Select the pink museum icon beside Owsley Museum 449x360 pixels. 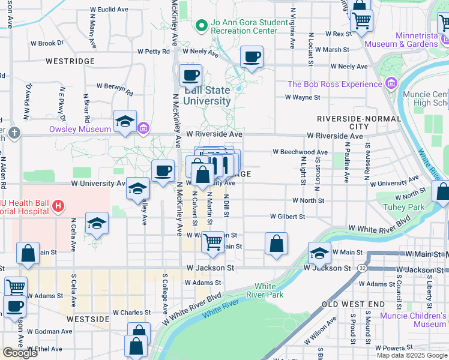(143, 128)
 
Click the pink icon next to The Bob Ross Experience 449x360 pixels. (392, 83)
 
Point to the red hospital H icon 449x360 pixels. (58, 208)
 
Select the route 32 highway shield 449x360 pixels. (364, 268)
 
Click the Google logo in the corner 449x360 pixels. (19, 353)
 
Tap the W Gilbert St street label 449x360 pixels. (288, 216)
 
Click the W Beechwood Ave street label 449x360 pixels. (300, 152)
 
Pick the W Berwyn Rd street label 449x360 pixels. (117, 89)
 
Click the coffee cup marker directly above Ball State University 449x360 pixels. (191, 76)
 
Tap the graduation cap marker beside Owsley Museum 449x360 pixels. (125, 122)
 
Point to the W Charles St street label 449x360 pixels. (131, 313)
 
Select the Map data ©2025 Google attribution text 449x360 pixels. (411, 355)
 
